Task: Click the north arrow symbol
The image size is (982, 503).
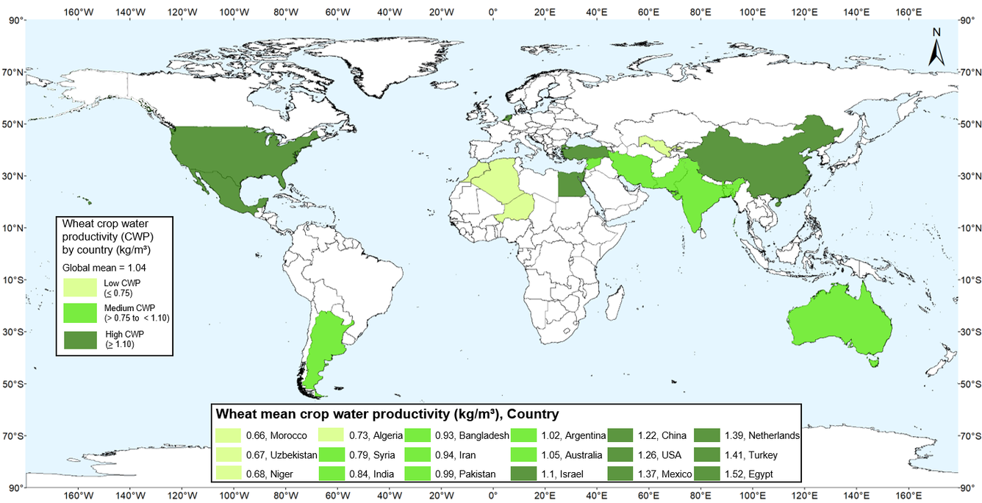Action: point(936,48)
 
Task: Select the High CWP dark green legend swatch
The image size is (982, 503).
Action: point(81,340)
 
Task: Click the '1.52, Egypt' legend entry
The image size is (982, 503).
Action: point(747,474)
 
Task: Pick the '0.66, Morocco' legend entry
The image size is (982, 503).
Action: point(261,435)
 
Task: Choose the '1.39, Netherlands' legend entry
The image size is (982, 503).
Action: point(747,435)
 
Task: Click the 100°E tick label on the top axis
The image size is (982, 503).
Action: point(753,12)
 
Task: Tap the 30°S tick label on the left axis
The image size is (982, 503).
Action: point(16,332)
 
